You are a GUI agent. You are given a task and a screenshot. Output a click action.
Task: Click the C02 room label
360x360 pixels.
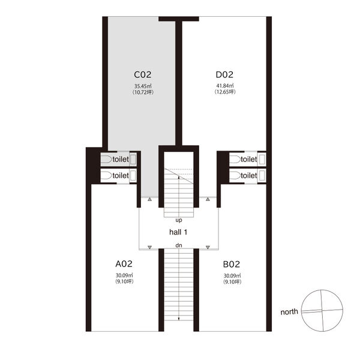point(143,74)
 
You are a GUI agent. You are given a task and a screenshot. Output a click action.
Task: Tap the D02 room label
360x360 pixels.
point(224,74)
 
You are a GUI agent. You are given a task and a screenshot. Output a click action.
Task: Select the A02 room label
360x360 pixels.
point(124,264)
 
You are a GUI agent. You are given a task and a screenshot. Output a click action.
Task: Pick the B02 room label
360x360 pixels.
point(232,264)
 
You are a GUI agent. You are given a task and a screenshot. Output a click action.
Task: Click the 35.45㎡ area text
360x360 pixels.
point(143,86)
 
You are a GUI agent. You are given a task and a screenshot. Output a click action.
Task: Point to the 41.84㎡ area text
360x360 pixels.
point(225,86)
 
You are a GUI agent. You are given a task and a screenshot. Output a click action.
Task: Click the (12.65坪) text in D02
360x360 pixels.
point(225,92)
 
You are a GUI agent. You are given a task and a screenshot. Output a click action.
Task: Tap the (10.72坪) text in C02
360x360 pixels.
point(143,92)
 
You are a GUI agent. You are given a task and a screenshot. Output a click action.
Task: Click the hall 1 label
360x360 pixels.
point(178,232)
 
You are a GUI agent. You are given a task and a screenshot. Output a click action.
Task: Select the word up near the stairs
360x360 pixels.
point(179,220)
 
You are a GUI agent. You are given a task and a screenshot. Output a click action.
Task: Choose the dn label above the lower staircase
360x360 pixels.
point(179,245)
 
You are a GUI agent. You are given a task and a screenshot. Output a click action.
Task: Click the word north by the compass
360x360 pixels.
point(289,312)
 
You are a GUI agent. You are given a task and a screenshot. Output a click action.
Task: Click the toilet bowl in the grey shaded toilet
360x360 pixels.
point(106,160)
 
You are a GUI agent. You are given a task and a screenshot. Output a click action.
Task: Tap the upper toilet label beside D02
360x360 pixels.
point(249,159)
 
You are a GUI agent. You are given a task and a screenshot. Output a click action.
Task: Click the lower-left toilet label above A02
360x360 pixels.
point(121,176)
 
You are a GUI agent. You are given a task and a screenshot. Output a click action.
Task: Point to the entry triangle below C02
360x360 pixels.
point(149,199)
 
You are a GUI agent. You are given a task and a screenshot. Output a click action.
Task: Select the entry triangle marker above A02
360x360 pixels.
point(149,247)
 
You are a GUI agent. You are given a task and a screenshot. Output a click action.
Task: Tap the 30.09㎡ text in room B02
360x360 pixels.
point(232,276)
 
